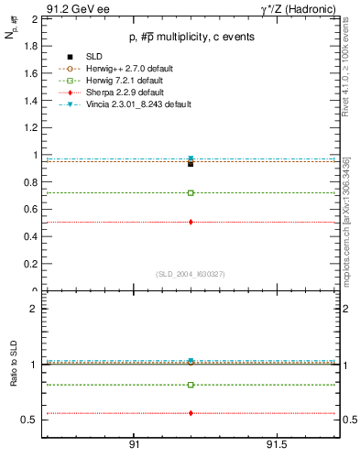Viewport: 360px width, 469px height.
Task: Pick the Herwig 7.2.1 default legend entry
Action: pyautogui.click(x=119, y=81)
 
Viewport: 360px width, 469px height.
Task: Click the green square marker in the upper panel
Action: pyautogui.click(x=191, y=193)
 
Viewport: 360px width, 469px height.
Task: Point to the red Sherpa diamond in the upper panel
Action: pyautogui.click(x=191, y=222)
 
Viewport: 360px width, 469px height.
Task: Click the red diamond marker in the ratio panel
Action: pyautogui.click(x=191, y=413)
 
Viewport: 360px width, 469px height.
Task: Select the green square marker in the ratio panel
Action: pyautogui.click(x=191, y=385)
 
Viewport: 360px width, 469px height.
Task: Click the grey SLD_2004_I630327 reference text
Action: pyautogui.click(x=190, y=274)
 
